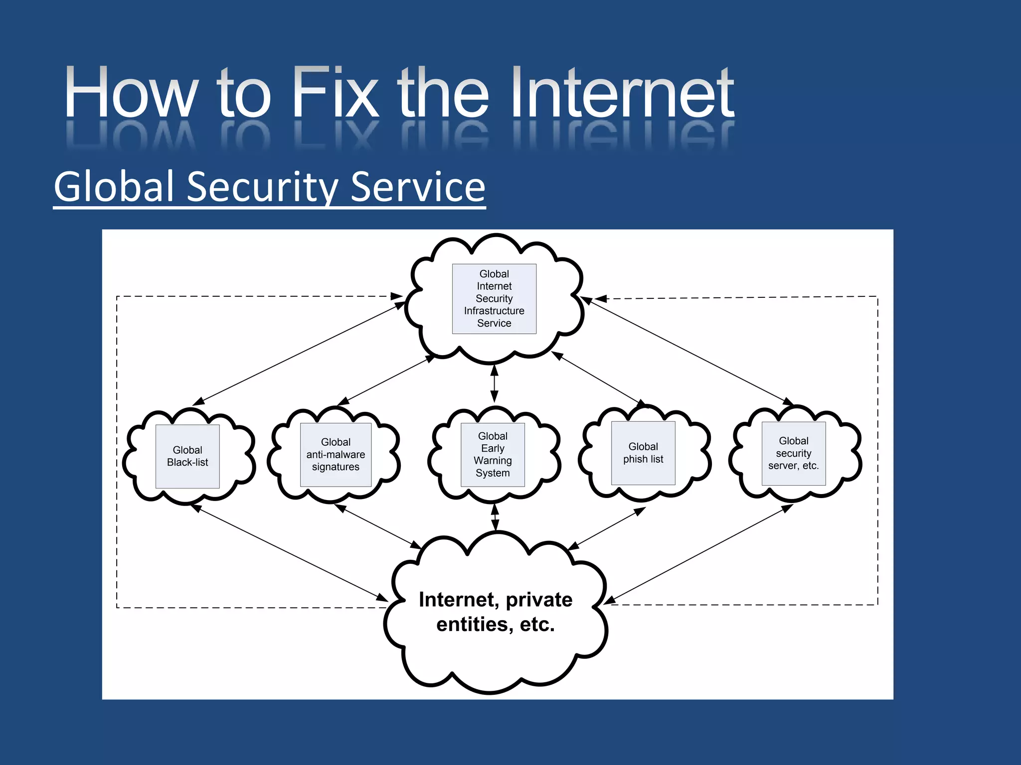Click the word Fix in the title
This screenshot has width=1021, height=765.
pyautogui.click(x=335, y=93)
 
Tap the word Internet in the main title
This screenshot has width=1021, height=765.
pyautogui.click(x=621, y=93)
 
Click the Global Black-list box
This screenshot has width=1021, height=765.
pyautogui.click(x=187, y=456)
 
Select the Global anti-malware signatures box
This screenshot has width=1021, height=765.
pyautogui.click(x=336, y=454)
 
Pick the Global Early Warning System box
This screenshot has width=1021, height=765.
pyautogui.click(x=493, y=454)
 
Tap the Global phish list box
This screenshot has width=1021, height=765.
pyautogui.click(x=643, y=453)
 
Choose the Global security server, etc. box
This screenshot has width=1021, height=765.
pyautogui.click(x=794, y=453)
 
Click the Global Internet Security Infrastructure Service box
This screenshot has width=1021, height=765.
pyautogui.click(x=494, y=298)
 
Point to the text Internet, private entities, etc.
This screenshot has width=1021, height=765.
pyautogui.click(x=496, y=612)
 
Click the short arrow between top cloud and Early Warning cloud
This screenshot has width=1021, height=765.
pyautogui.click(x=494, y=383)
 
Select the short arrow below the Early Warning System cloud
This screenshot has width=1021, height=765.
pyautogui.click(x=495, y=517)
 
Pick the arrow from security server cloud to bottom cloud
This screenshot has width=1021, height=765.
pyautogui.click(x=698, y=554)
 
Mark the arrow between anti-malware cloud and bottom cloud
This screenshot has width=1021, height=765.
pyautogui.click(x=378, y=526)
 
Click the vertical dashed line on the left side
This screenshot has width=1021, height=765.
pyautogui.click(x=117, y=448)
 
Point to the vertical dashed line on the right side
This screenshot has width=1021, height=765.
pyautogui.click(x=877, y=448)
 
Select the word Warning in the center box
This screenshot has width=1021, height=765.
pyautogui.click(x=493, y=461)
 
